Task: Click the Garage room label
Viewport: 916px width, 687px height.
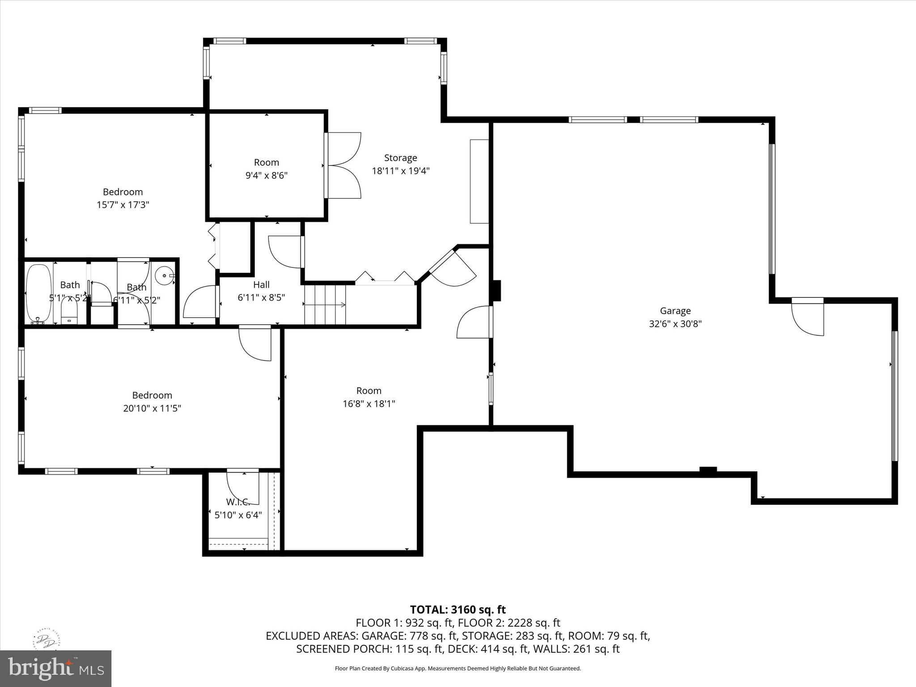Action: point(675,311)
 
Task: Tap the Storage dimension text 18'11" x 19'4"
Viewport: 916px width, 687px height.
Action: point(400,171)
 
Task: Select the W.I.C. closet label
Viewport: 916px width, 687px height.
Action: point(237,501)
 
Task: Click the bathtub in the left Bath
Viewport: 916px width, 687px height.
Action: point(38,293)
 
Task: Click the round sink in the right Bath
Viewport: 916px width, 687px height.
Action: point(165,276)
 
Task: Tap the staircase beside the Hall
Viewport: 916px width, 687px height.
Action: point(325,305)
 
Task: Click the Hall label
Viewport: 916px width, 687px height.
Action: point(261,284)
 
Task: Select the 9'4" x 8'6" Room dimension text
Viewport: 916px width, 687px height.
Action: point(266,175)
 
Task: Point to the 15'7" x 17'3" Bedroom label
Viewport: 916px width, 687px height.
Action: point(123,192)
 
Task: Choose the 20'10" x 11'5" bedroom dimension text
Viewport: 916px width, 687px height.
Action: point(152,408)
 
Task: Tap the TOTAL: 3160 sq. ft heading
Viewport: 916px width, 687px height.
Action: point(458,610)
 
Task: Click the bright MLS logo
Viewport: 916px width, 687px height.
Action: point(55,668)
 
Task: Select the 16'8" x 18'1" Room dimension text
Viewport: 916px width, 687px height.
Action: point(369,404)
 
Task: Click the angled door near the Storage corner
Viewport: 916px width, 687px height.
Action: point(452,268)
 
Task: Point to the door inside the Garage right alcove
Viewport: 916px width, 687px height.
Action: point(808,318)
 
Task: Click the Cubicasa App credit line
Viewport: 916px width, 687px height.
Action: point(458,669)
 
